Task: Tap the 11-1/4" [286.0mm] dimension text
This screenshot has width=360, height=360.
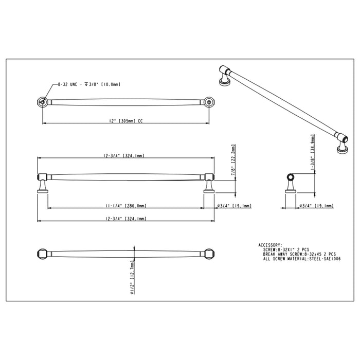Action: [127, 205]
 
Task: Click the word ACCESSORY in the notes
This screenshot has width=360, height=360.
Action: [269, 245]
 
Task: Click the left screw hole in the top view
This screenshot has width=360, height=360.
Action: [43, 102]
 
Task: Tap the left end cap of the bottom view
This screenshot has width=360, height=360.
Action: [43, 255]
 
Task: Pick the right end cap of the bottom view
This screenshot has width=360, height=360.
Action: [209, 255]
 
